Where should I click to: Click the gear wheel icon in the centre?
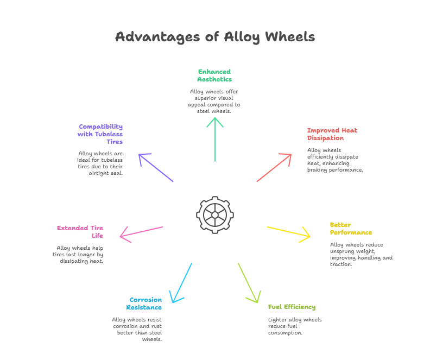tap(215, 215)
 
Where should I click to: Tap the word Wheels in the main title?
tap(289, 37)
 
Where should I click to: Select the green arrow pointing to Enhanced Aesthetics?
tap(215, 138)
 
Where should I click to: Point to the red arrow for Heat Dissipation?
tap(274, 168)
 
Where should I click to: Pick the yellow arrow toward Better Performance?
tap(289, 232)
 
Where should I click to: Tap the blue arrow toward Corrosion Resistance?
tap(181, 283)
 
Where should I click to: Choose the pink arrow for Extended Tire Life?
tap(141, 232)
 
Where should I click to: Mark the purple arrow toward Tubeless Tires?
tap(156, 168)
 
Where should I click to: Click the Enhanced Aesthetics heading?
tap(214, 75)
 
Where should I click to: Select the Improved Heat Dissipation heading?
tap(332, 134)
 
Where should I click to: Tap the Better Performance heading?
tap(351, 229)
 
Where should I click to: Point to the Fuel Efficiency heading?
tap(292, 307)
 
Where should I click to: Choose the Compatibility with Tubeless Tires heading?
tap(101, 134)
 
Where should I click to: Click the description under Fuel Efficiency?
tap(294, 326)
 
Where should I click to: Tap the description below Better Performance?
tap(361, 254)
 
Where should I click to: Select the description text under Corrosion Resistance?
tap(137, 330)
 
